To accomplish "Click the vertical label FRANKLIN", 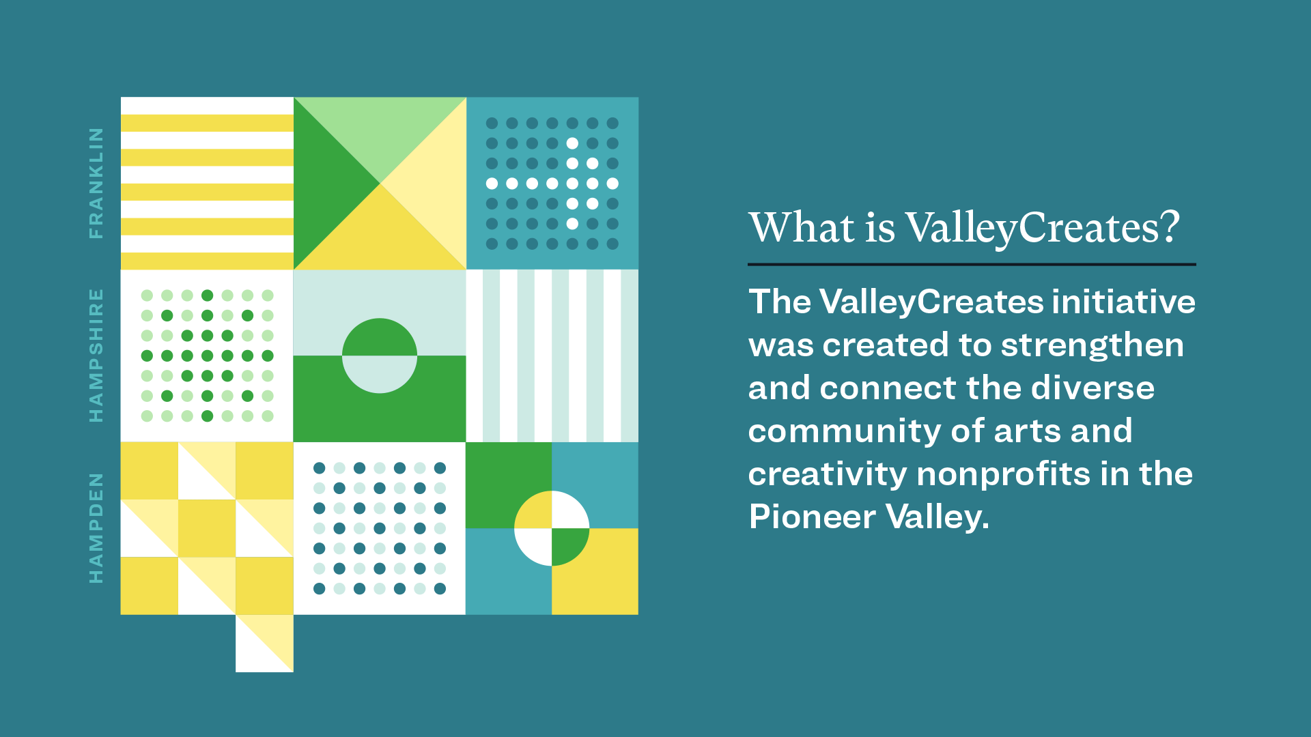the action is (96, 183).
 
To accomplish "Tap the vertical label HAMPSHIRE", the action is (96, 355).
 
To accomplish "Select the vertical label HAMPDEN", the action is (96, 528).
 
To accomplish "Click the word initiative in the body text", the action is (1124, 302).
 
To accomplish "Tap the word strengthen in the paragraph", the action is (1092, 345).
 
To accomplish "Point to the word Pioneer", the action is (812, 517).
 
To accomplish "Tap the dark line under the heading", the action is (972, 264).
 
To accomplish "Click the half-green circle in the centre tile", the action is (380, 356).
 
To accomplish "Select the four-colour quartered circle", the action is (552, 528).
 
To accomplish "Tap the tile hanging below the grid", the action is (264, 644).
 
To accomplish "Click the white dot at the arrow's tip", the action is (612, 184).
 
